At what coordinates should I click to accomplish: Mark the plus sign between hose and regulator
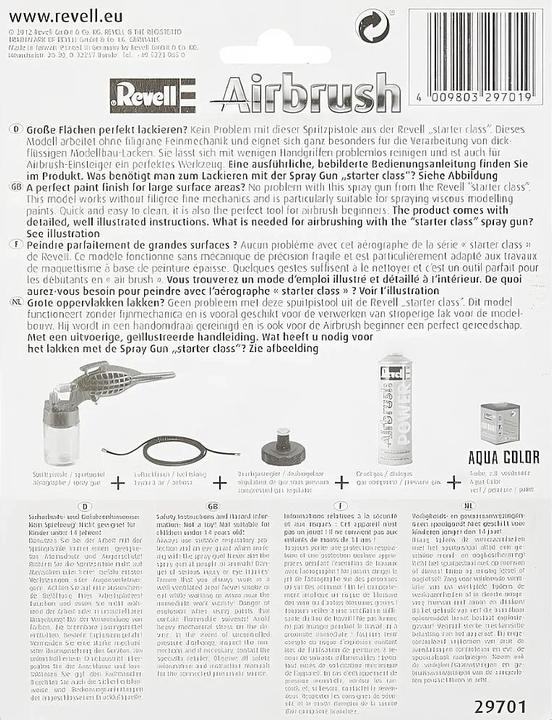click(x=220, y=482)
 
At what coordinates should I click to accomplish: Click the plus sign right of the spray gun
click(x=118, y=482)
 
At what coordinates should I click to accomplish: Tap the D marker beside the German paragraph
click(x=11, y=130)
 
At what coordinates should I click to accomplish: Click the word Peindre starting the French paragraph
click(x=41, y=246)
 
